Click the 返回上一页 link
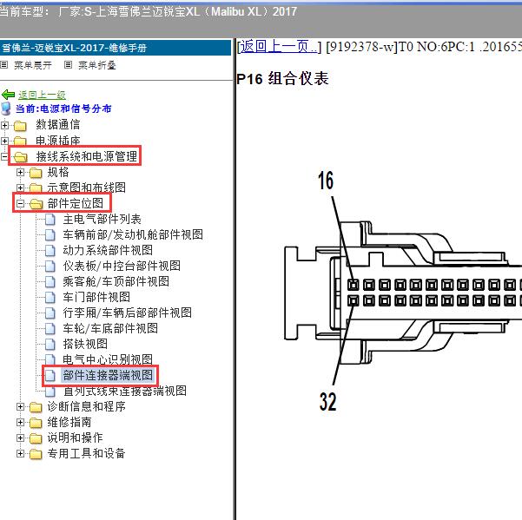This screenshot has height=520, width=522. (x=279, y=47)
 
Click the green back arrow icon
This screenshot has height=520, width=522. (x=9, y=95)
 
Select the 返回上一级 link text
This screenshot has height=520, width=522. (x=42, y=95)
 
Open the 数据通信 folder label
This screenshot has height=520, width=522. (x=58, y=124)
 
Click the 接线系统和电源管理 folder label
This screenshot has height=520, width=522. (x=87, y=156)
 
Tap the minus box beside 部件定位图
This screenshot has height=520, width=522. (x=20, y=203)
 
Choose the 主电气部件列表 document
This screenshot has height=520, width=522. (x=102, y=219)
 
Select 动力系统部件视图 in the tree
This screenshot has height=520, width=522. (x=108, y=250)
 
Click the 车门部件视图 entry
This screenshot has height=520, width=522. (x=96, y=297)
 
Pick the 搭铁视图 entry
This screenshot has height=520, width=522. (x=85, y=344)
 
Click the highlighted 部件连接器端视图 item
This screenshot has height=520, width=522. (x=108, y=375)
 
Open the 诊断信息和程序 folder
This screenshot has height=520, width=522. (x=86, y=406)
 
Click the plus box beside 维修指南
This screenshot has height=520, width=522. (x=20, y=422)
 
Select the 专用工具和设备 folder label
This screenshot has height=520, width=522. (x=86, y=453)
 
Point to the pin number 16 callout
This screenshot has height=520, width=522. (x=326, y=181)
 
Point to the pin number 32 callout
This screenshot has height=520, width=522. (x=328, y=402)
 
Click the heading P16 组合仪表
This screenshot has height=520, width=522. (x=282, y=79)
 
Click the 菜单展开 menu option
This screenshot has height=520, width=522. (x=33, y=65)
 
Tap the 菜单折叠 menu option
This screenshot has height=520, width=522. (x=97, y=65)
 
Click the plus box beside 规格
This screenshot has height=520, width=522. (x=20, y=172)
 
